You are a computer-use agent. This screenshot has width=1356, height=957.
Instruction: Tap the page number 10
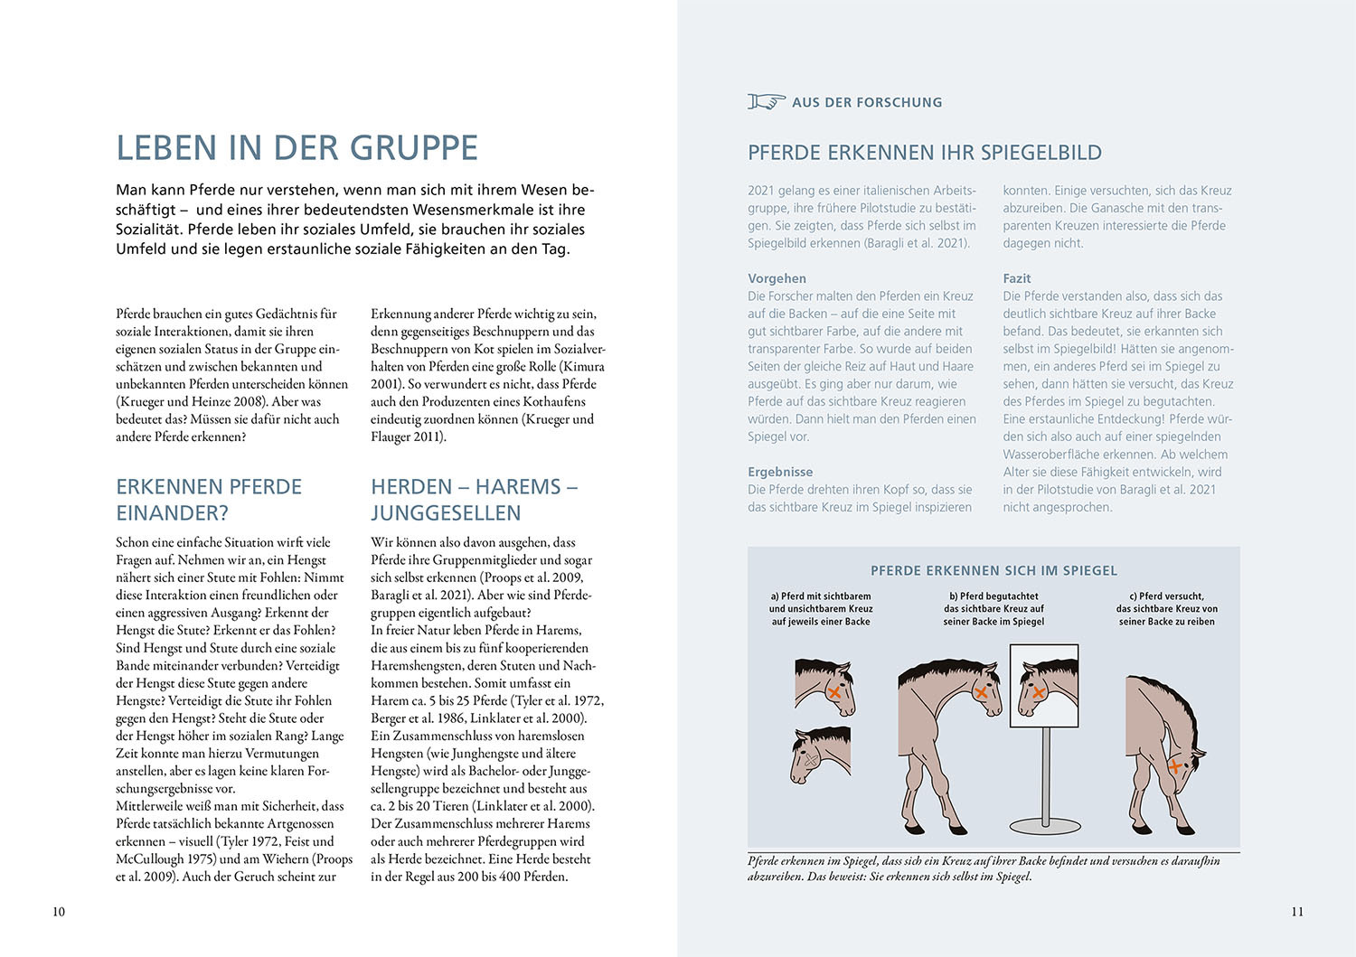coord(59,911)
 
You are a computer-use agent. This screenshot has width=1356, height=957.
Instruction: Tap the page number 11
coord(1297,911)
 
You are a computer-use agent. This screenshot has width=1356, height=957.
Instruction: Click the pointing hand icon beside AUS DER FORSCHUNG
coord(766,102)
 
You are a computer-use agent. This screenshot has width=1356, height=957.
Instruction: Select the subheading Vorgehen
coord(777,278)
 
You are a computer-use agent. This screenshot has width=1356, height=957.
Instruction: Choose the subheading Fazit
coord(1016,278)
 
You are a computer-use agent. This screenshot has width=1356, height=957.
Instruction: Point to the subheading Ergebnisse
coord(780,472)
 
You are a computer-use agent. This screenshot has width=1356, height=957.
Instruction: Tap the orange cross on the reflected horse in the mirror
coord(1038,692)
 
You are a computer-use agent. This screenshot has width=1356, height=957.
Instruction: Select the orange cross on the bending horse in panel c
coord(1175,766)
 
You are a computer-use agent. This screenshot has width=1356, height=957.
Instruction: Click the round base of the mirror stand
coord(1046,825)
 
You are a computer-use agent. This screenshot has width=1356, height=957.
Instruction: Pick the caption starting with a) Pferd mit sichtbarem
coord(821,608)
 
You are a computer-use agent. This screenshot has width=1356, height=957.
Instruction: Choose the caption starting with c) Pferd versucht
coord(1166,608)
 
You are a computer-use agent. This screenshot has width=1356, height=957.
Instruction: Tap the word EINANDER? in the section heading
coord(172,513)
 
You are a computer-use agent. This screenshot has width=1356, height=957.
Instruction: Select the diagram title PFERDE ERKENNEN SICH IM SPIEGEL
coord(993,571)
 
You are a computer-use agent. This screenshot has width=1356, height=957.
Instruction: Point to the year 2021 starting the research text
coord(761,191)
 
